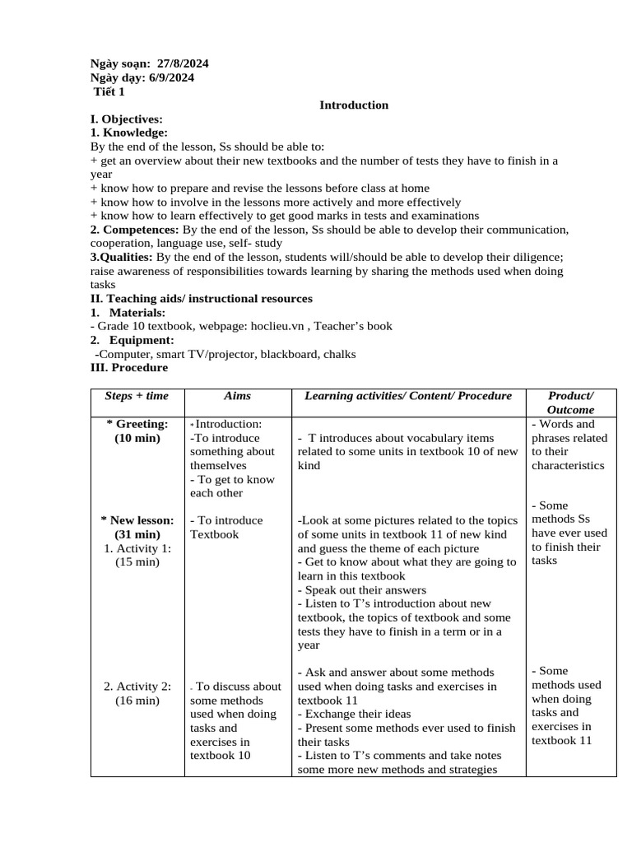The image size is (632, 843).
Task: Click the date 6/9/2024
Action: [x=170, y=77]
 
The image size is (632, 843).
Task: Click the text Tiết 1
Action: [x=109, y=91]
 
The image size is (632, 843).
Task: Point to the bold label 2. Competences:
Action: [x=134, y=230]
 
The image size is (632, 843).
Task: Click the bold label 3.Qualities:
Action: [x=121, y=257]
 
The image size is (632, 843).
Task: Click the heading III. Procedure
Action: [x=128, y=367]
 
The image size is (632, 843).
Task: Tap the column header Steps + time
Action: [x=137, y=396]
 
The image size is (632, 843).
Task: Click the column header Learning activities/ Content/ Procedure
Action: [x=408, y=396]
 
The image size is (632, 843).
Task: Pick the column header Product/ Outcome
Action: [x=570, y=403]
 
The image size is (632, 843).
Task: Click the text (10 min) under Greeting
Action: [x=137, y=438]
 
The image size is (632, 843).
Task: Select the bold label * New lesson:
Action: [x=137, y=520]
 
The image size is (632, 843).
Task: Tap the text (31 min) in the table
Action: [x=137, y=534]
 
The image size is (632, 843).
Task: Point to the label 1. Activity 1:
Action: [x=137, y=548]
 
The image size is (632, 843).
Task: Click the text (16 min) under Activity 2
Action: [x=137, y=700]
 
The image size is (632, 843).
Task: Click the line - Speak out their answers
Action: [x=362, y=590]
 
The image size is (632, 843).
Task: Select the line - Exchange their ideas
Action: [x=354, y=714]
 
